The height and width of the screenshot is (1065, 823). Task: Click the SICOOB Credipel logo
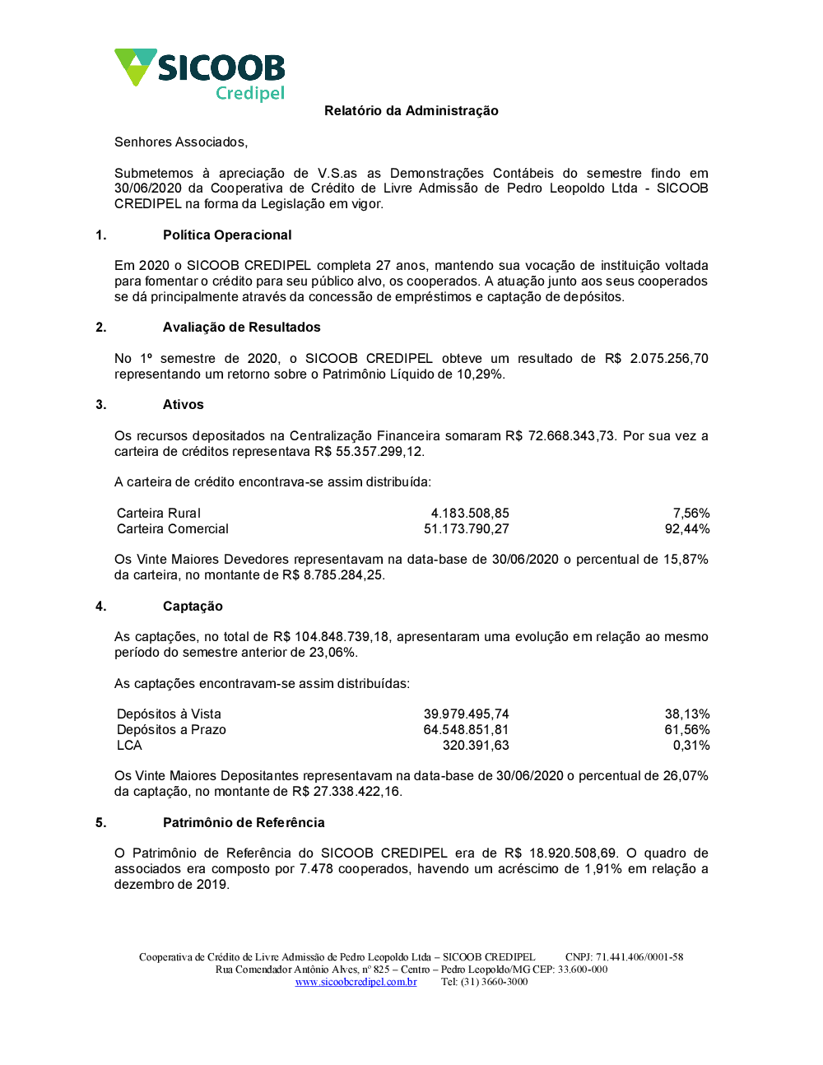[200, 74]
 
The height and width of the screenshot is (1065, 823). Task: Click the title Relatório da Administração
[411, 111]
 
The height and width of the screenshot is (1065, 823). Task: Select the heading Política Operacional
[227, 235]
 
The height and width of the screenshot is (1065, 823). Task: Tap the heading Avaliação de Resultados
[241, 328]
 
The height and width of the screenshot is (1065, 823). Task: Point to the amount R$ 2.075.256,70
[656, 359]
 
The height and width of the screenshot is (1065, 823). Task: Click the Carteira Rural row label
[159, 514]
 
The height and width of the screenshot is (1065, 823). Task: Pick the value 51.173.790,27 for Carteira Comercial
[466, 529]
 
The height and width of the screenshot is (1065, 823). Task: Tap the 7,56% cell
[690, 514]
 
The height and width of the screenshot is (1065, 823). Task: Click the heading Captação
[193, 607]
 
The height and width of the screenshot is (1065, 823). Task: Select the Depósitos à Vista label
[169, 714]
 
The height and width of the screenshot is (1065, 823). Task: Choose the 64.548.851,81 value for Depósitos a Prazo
[466, 730]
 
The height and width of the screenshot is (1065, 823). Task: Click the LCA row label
[129, 746]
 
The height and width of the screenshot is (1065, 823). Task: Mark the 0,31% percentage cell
[691, 746]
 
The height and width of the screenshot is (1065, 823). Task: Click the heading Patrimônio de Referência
[244, 823]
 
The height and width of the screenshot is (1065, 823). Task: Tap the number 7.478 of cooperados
[316, 869]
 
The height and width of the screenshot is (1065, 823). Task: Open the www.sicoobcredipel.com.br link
[356, 982]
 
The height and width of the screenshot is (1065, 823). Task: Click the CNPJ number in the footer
[639, 957]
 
